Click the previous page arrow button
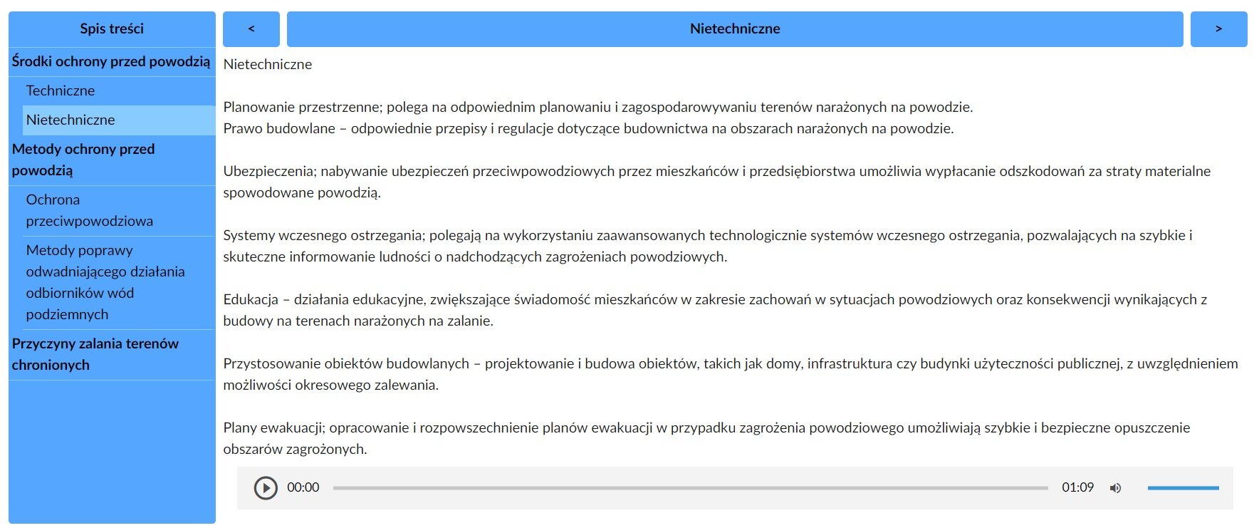(251, 29)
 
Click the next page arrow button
(1218, 29)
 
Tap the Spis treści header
(112, 29)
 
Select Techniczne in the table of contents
(61, 90)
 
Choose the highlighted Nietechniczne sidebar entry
(70, 120)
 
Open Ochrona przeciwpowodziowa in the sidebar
(89, 210)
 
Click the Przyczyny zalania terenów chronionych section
(95, 354)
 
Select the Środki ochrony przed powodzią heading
(111, 61)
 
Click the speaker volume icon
(1115, 488)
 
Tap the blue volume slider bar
(1183, 488)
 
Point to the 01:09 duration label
(1077, 487)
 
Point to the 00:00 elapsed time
(303, 487)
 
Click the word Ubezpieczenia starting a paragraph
(269, 171)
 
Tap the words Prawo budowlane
(278, 128)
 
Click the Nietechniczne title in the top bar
(735, 29)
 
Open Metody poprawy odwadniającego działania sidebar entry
(105, 282)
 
